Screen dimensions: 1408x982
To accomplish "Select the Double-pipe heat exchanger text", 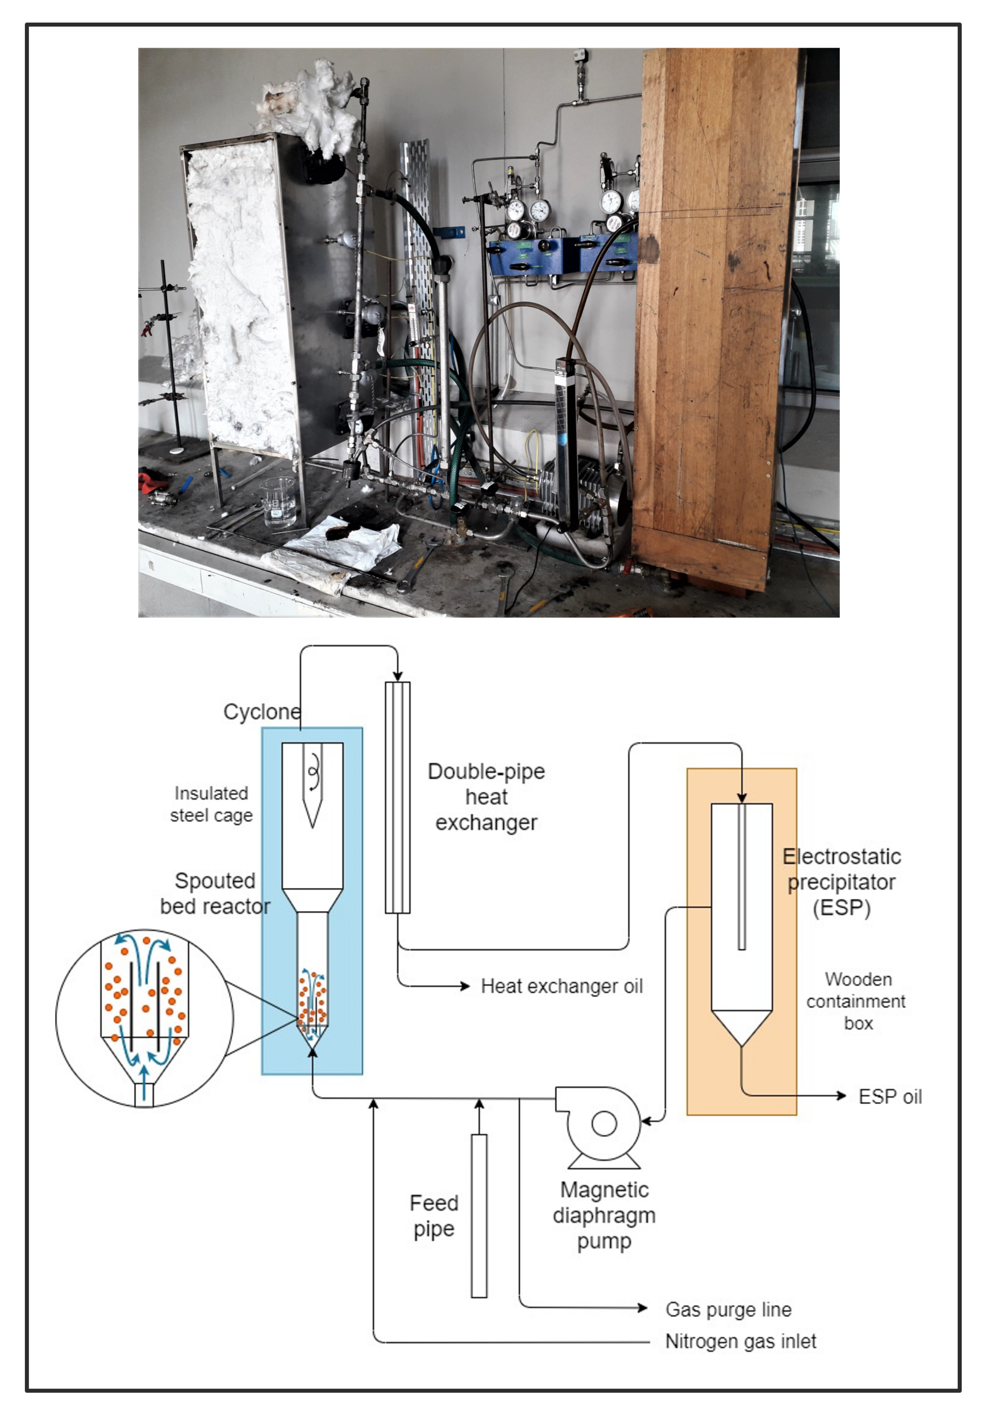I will pyautogui.click(x=486, y=797).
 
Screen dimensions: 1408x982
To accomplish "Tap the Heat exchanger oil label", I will pyautogui.click(x=561, y=986).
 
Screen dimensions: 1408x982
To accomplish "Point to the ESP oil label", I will pyautogui.click(x=889, y=1096).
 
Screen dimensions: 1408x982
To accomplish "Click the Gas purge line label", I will pyautogui.click(x=728, y=1309).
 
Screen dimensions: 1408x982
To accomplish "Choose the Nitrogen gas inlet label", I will pyautogui.click(x=740, y=1341).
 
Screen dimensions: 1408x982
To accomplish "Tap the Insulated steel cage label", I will pyautogui.click(x=211, y=804).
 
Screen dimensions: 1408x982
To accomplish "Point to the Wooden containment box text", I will pyautogui.click(x=856, y=1001).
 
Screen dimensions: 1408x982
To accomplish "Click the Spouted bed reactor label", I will pyautogui.click(x=215, y=893).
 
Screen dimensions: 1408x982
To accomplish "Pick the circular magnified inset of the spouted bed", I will pyautogui.click(x=144, y=1017).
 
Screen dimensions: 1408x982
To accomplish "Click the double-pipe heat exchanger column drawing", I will pyautogui.click(x=397, y=797).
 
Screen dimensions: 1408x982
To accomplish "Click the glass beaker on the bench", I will pyautogui.click(x=279, y=502).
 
